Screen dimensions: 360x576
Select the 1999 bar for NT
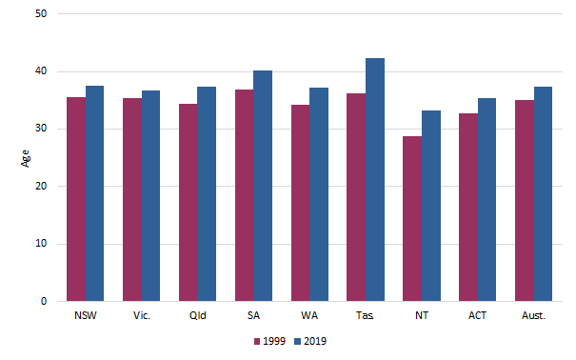(412, 219)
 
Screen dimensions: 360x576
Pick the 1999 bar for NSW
(75, 199)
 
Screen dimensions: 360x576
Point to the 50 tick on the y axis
(45, 14)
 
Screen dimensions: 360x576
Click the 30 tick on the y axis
(45, 130)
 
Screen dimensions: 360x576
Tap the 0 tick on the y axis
(48, 302)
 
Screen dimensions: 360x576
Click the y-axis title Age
(25, 158)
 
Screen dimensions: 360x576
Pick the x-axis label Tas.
(366, 314)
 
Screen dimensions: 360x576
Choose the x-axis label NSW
(85, 314)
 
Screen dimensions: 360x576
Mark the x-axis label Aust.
(534, 314)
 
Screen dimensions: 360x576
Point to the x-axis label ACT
(478, 314)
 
